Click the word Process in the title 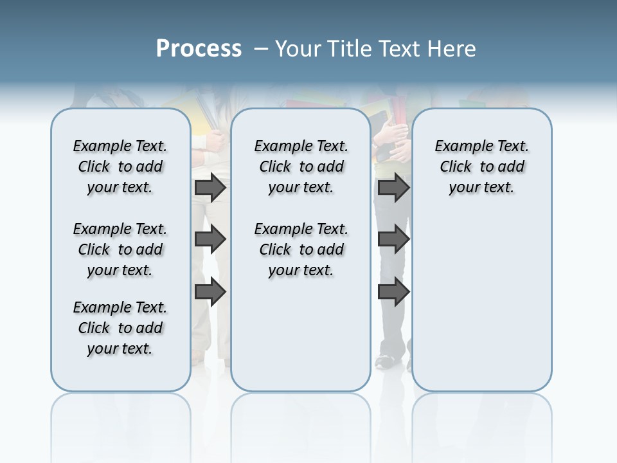click(199, 48)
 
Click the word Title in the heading click(349, 49)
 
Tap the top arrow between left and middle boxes click(210, 188)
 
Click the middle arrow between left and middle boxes click(210, 240)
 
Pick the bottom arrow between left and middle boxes click(210, 292)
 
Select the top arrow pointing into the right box click(393, 188)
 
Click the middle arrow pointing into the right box click(393, 240)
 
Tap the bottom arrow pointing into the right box click(393, 292)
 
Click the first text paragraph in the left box click(120, 167)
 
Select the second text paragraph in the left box click(120, 250)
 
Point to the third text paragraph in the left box click(120, 328)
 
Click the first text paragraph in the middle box click(301, 167)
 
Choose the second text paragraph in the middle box click(301, 250)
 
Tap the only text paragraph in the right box click(481, 167)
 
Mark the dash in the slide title click(261, 49)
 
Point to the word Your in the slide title click(298, 49)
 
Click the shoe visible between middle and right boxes click(386, 361)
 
